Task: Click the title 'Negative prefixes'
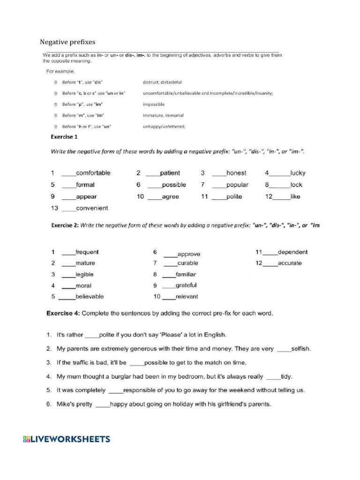tap(67, 42)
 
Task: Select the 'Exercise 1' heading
tap(64, 137)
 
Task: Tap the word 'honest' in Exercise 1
tap(236, 173)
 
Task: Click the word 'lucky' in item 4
tap(298, 173)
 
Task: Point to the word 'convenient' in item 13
tap(92, 208)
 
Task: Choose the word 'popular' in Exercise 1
tap(237, 185)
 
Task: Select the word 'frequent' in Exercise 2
tap(87, 252)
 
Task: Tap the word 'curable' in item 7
tap(187, 263)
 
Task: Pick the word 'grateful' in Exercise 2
tap(186, 285)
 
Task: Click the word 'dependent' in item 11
tap(292, 252)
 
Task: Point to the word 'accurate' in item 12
tap(290, 263)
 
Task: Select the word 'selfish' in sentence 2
tap(301, 349)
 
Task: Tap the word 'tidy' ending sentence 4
tap(286, 376)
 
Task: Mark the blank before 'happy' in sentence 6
tap(102, 404)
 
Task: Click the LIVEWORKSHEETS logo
tap(66, 439)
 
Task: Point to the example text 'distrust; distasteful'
tap(162, 82)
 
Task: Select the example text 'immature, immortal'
tap(163, 115)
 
